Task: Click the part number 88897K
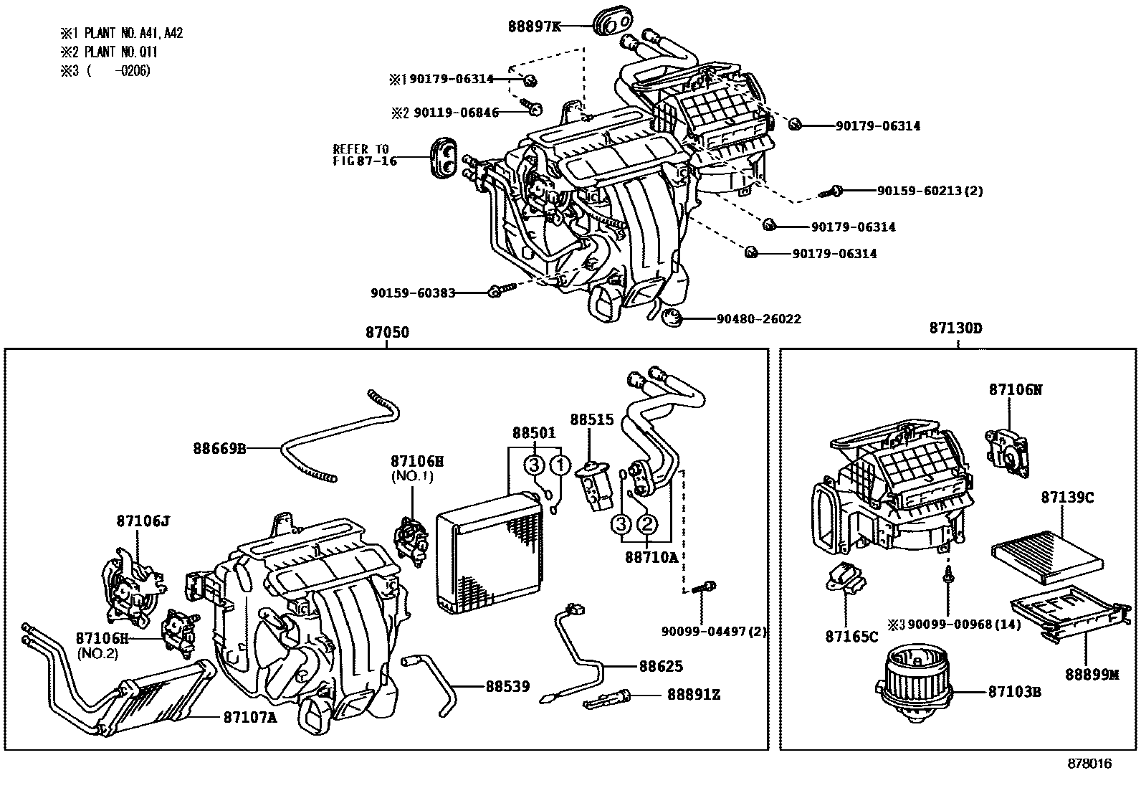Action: (x=534, y=27)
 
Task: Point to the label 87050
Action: (x=387, y=332)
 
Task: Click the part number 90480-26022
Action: (x=758, y=319)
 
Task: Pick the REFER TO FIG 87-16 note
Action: (x=365, y=156)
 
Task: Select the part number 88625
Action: (x=661, y=666)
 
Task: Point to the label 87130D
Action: (x=955, y=328)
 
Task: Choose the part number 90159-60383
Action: (x=413, y=293)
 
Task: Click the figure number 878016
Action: (x=1087, y=764)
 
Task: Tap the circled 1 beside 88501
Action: (x=560, y=465)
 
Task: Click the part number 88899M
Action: (x=1092, y=674)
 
